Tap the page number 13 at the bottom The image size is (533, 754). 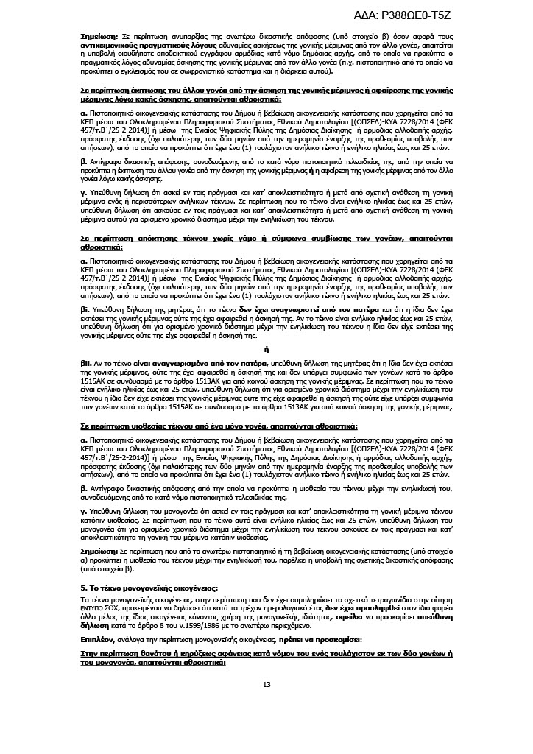pos(266,685)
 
